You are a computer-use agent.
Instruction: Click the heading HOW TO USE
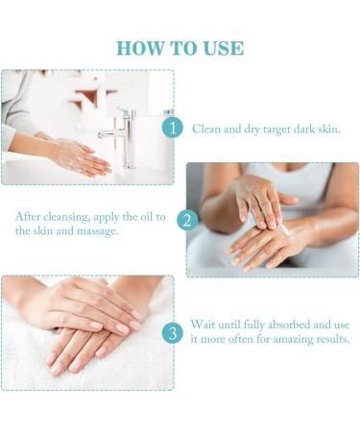pyautogui.click(x=180, y=47)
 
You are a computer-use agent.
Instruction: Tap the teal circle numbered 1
pyautogui.click(x=172, y=128)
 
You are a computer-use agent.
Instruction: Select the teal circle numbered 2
pyautogui.click(x=186, y=220)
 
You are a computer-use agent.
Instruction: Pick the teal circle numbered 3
pyautogui.click(x=172, y=333)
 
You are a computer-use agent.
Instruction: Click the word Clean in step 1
pyautogui.click(x=206, y=129)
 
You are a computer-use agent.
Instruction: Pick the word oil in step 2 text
pyautogui.click(x=143, y=216)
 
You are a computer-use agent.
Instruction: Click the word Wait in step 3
pyautogui.click(x=206, y=325)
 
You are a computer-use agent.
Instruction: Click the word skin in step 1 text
pyautogui.click(x=324, y=129)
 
